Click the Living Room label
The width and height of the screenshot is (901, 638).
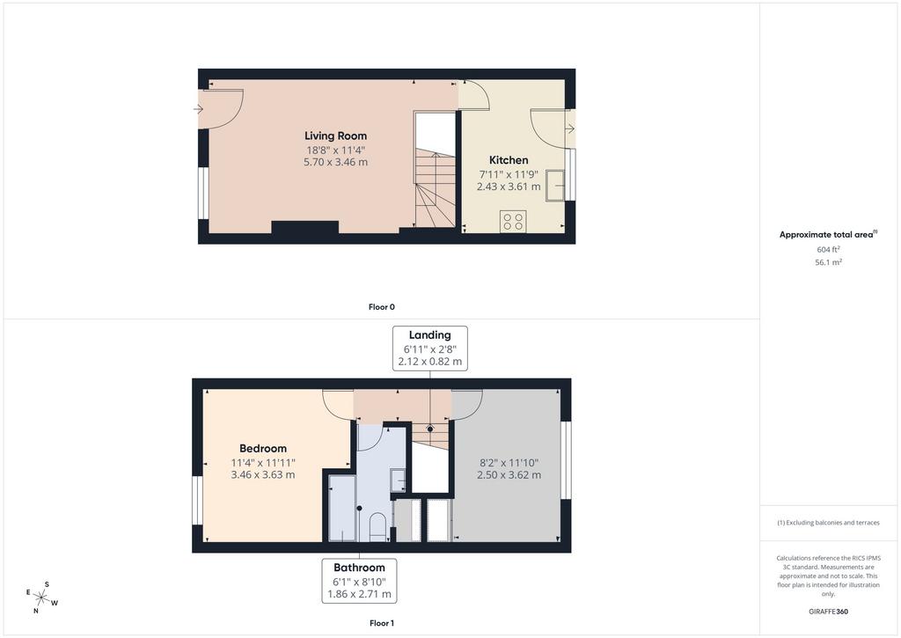335,136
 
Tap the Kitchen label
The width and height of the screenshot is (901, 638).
509,160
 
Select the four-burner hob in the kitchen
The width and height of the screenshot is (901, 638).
513,221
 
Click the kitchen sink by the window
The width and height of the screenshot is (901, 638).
556,185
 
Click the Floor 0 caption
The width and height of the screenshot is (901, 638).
382,307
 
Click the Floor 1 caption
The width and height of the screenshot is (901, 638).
382,623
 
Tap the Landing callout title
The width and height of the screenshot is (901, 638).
429,335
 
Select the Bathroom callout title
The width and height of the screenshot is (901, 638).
359,568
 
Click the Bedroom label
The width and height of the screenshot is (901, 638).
263,448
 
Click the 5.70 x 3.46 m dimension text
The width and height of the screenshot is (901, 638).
335,162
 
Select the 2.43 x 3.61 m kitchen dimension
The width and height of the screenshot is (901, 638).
509,187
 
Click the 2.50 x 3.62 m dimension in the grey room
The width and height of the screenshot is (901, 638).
509,475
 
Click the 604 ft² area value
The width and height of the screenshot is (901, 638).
828,249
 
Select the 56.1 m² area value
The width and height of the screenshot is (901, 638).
828,262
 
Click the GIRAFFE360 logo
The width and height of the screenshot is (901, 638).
828,612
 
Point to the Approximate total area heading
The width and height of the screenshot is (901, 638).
828,234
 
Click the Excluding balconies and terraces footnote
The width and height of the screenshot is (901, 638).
828,523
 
